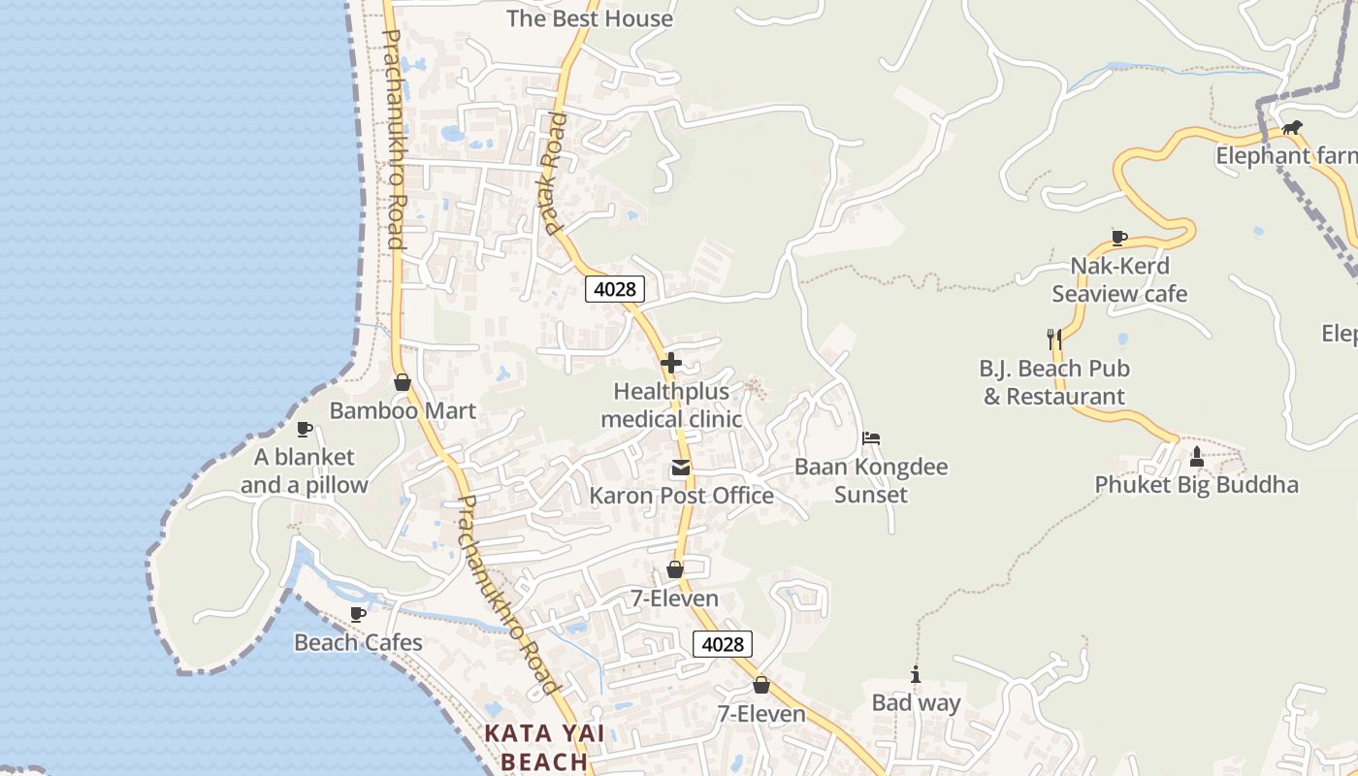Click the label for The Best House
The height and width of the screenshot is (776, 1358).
coord(589,18)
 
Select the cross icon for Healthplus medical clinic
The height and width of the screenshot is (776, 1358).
coord(670,364)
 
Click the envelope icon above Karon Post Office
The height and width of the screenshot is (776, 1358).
coord(681,469)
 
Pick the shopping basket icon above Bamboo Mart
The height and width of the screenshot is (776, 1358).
coord(402,383)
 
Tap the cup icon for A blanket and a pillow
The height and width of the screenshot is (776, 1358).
coord(304,429)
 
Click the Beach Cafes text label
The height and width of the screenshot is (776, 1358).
coord(358,642)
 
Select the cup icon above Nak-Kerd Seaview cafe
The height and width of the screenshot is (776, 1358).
coord(1118,238)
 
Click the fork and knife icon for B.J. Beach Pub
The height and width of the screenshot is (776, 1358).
coord(1054,339)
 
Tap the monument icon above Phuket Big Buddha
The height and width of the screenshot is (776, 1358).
coord(1196,457)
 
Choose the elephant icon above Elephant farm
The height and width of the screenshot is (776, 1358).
coord(1291,127)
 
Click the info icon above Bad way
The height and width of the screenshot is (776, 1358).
coord(915,675)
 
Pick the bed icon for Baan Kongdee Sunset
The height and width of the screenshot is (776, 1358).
coord(870,438)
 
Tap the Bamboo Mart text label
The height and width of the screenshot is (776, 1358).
coord(403,410)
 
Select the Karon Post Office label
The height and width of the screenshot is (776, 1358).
coord(681,496)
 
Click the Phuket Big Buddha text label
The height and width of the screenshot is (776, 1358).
coord(1196,484)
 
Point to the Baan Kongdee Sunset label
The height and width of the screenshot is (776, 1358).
coord(870,480)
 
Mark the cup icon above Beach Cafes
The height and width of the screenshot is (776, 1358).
coord(358,614)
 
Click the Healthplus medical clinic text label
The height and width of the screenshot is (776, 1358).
coord(670,405)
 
